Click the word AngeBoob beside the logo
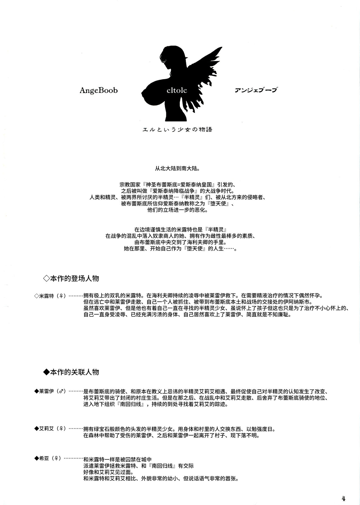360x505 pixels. [x=98, y=90]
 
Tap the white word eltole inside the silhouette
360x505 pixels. [x=177, y=90]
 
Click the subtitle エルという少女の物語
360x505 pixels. [x=177, y=129]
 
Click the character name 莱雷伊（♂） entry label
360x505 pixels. [x=50, y=391]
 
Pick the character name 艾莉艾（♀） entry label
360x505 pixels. [x=50, y=428]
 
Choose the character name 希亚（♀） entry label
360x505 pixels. [x=48, y=458]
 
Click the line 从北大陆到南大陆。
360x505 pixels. [x=177, y=169]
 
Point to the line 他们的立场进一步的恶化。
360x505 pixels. [x=177, y=210]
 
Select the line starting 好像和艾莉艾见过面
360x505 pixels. [x=108, y=472]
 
